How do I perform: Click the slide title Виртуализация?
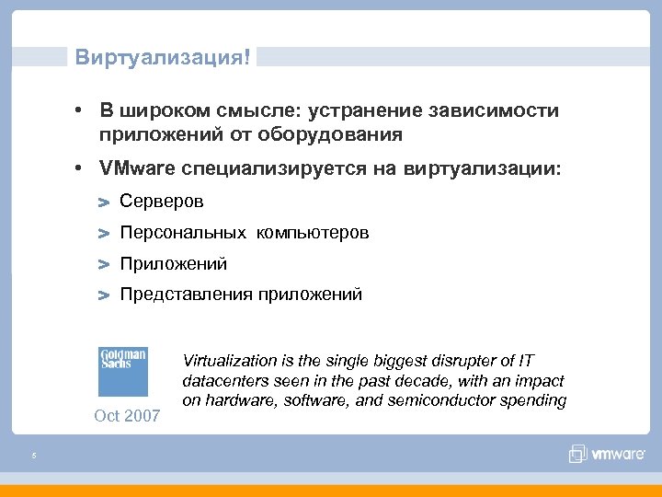pos(162,57)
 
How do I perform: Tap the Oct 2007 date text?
pos(127,416)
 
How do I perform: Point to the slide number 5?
pos(32,455)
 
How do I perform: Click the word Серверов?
pos(162,201)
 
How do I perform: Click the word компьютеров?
pos(313,233)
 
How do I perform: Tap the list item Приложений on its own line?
pos(174,264)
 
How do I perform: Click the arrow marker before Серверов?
pos(104,202)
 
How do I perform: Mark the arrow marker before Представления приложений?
pos(104,295)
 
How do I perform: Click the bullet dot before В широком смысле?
pos(82,110)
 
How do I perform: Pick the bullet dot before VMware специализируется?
pos(82,168)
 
